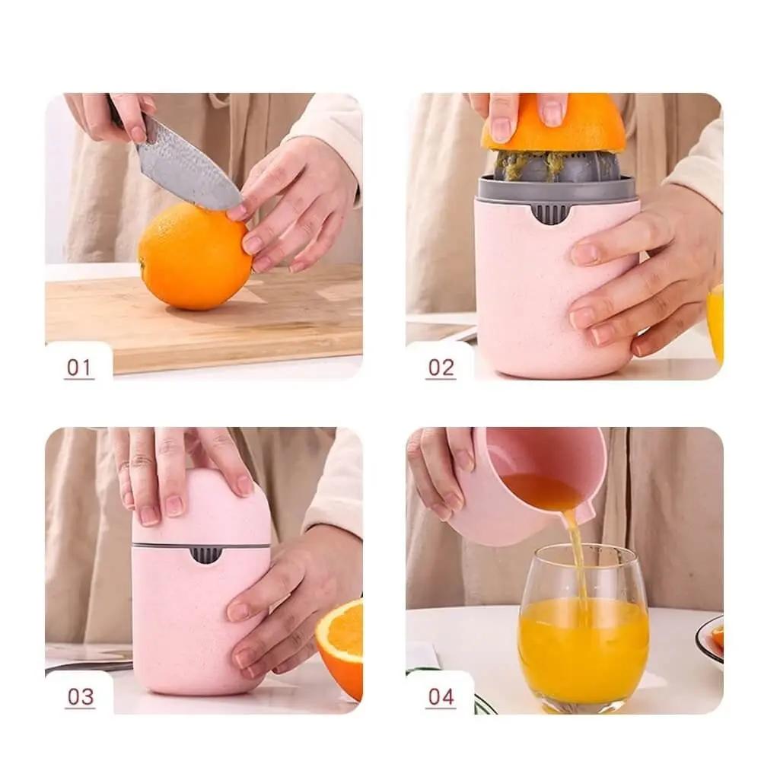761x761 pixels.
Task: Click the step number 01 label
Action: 79,368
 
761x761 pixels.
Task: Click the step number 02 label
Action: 441,368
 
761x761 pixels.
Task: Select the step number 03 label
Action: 80,697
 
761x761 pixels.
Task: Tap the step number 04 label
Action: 441,697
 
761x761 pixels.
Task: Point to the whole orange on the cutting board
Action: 195,256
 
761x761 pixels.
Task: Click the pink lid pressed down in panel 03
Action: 201,507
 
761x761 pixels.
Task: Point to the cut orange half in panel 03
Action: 341,645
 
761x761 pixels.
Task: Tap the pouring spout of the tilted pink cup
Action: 583,514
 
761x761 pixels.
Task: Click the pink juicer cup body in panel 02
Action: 553,291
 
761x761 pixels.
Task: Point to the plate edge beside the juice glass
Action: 709,638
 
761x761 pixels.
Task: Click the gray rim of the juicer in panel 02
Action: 556,188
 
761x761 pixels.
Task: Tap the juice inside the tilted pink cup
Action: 541,490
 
